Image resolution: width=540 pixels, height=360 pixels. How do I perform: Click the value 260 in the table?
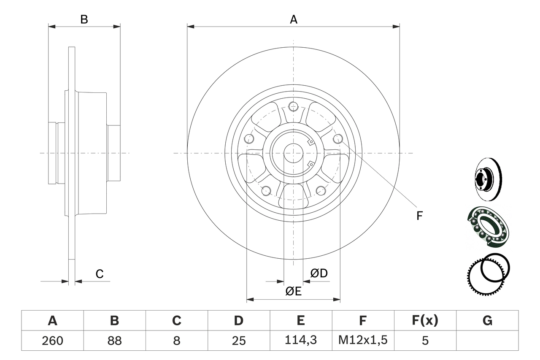(x=52, y=341)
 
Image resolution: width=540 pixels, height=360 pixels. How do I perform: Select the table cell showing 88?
(x=114, y=341)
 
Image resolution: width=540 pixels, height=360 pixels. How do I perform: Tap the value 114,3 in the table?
(x=300, y=341)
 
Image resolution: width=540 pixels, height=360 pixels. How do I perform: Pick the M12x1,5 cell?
(x=362, y=341)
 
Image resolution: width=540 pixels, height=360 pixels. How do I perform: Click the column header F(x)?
(x=424, y=321)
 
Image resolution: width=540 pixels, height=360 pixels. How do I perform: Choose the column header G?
(x=487, y=321)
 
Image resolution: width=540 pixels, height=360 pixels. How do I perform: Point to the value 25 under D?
(x=238, y=341)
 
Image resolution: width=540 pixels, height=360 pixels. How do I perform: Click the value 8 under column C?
(x=176, y=341)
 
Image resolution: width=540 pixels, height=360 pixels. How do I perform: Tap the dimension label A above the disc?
(x=293, y=19)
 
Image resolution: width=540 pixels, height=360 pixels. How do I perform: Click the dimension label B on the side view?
(x=84, y=19)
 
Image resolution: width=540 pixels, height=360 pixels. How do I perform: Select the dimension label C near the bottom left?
(x=99, y=274)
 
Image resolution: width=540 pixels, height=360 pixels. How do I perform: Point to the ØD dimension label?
(x=319, y=273)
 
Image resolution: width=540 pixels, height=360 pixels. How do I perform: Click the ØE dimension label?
(x=293, y=291)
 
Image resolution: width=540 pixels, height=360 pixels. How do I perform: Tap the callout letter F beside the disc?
(x=419, y=216)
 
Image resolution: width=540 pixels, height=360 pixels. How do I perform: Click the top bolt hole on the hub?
(x=293, y=106)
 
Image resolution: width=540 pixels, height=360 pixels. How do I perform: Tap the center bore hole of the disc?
(x=293, y=153)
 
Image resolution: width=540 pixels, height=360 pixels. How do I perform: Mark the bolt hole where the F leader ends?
(x=337, y=138)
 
